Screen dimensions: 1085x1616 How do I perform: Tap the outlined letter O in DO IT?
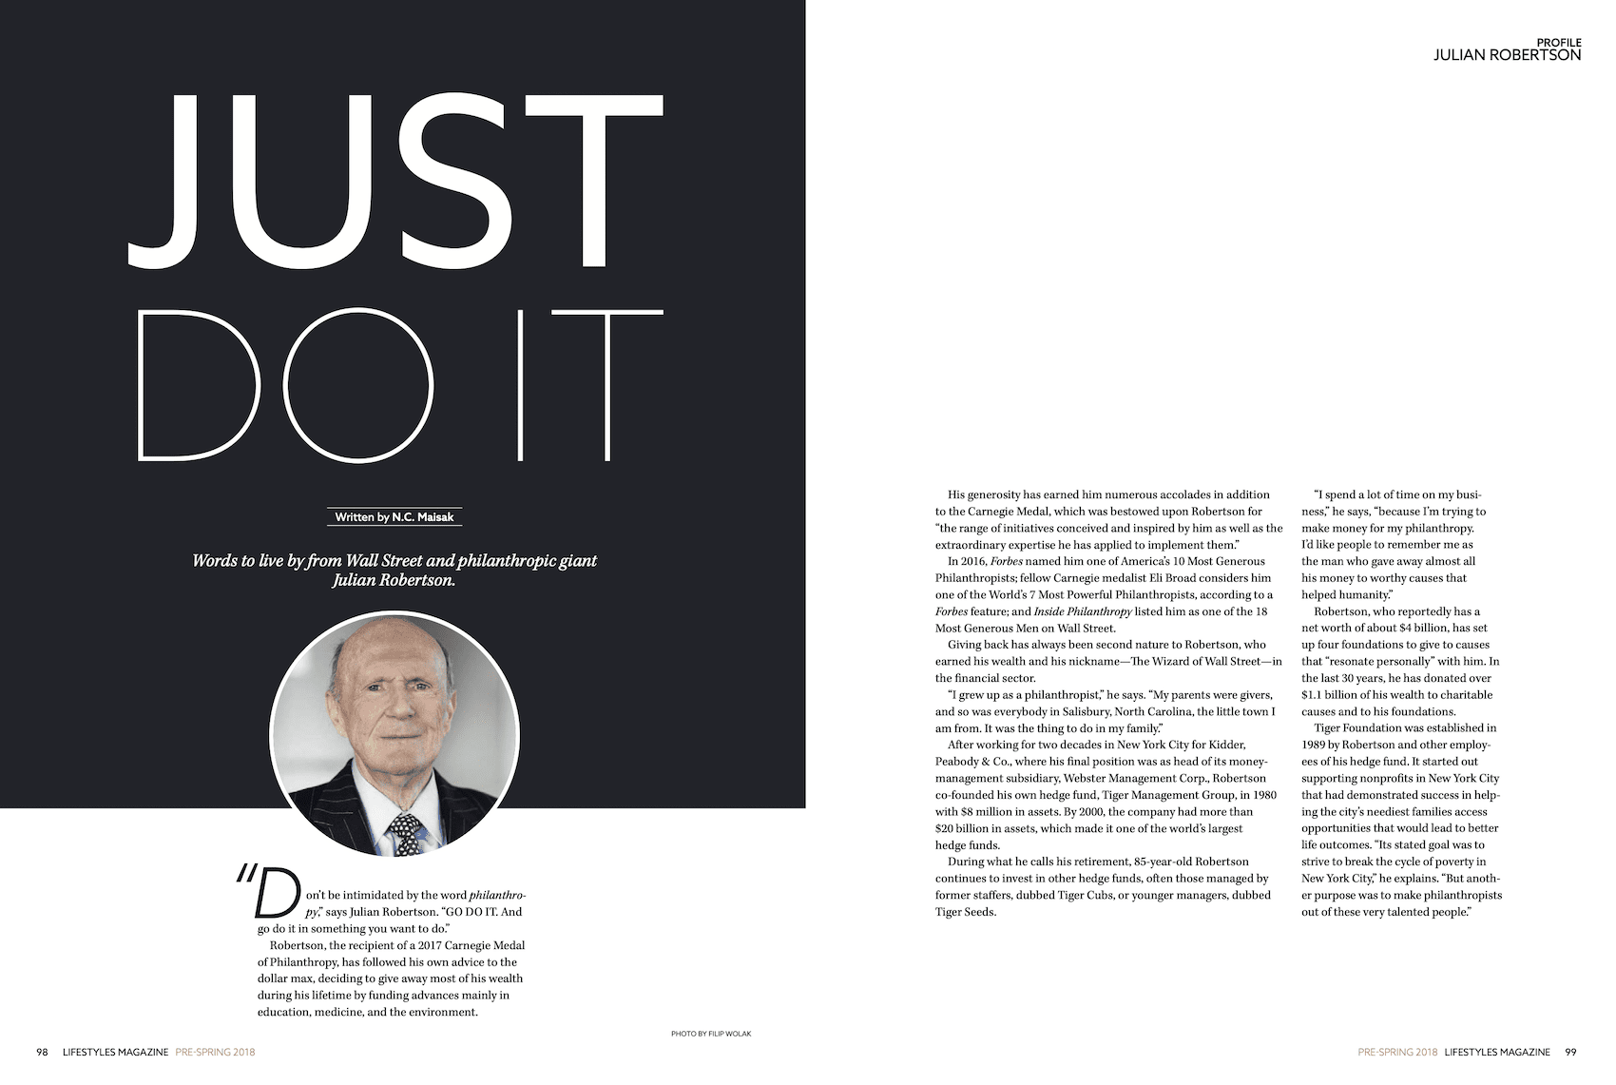(x=358, y=385)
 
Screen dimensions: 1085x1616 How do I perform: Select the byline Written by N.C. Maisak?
(x=394, y=517)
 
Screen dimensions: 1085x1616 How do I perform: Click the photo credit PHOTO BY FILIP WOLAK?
(x=711, y=1034)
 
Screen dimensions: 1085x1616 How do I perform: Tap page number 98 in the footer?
(x=42, y=1052)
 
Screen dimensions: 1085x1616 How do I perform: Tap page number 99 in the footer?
(x=1570, y=1052)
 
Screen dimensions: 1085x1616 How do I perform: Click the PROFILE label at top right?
(x=1559, y=43)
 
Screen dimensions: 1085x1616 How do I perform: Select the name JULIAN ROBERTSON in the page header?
(x=1507, y=56)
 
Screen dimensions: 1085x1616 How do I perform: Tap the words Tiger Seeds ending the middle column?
(x=966, y=912)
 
